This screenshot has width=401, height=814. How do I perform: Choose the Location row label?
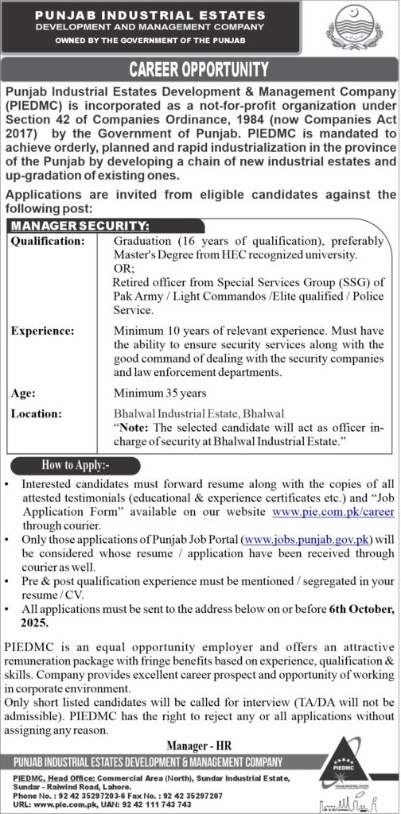(x=35, y=413)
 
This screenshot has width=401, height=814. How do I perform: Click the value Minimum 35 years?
(x=160, y=393)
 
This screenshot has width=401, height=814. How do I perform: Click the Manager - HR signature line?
(x=200, y=745)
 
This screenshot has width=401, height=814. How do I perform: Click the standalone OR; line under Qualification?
(x=124, y=269)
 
